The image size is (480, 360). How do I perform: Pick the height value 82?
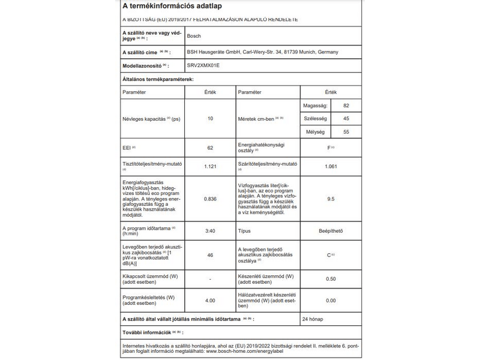(346, 106)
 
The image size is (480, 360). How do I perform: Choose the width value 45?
(346, 119)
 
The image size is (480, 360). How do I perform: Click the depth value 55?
(346, 132)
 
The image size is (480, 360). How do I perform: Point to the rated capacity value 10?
(210, 119)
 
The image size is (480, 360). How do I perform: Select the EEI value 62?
(210, 148)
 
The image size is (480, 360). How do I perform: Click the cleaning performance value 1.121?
(210, 166)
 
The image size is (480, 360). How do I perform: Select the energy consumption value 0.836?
(210, 199)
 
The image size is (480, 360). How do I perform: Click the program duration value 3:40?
(210, 230)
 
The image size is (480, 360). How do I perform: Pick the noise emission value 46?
(210, 255)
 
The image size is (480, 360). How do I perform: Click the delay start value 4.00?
(210, 301)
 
